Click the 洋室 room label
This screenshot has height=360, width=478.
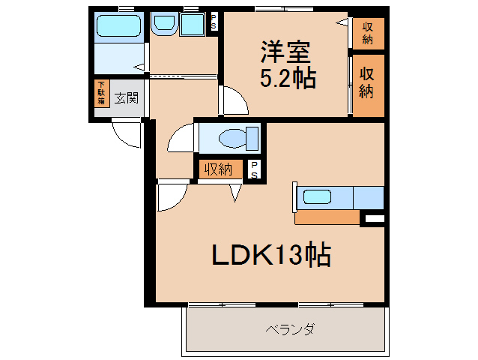(286, 53)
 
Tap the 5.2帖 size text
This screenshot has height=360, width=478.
(287, 78)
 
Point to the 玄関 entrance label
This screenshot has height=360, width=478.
(126, 97)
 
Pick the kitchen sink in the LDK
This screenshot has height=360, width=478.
(317, 198)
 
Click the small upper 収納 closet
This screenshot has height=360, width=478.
(368, 33)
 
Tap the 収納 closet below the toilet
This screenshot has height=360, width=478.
(219, 169)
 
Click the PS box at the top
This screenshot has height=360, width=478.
(213, 22)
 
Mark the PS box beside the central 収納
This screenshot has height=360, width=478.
(255, 170)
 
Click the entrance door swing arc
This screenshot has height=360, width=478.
(125, 134)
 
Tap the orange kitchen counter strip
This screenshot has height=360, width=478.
(327, 217)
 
